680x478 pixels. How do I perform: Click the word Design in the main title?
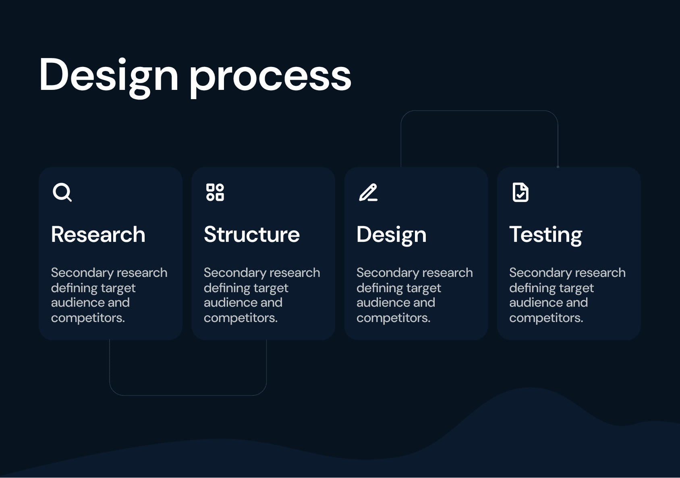(108, 77)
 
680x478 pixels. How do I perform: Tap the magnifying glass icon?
(62, 192)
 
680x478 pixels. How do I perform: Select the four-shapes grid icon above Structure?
(215, 192)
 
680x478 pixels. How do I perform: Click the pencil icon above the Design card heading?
(368, 192)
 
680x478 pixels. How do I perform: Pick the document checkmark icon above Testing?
(520, 192)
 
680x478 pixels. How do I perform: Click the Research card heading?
(98, 235)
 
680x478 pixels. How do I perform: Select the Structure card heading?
(252, 235)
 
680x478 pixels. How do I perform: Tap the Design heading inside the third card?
(391, 235)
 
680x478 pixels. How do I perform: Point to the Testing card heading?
(545, 235)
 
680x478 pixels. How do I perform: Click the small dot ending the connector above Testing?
(558, 167)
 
